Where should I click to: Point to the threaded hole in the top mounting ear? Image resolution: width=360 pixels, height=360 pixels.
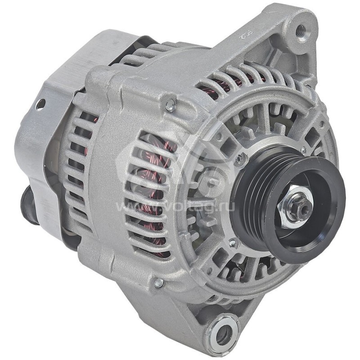pyautogui.click(x=300, y=31)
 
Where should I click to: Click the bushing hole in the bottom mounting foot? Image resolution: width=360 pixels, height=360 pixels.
pyautogui.click(x=222, y=334)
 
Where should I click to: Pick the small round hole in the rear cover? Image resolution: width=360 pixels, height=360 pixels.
pyautogui.click(x=40, y=105)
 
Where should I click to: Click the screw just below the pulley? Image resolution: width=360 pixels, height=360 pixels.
pyautogui.click(x=233, y=243)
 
